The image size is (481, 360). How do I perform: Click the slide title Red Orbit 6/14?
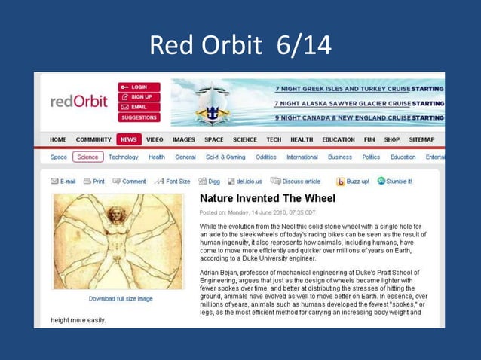240,45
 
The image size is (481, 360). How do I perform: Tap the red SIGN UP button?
139,97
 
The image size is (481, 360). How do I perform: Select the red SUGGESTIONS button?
139,117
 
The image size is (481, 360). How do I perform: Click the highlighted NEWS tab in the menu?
128,139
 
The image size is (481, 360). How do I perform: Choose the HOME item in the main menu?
58,139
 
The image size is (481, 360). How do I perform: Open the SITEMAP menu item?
421,139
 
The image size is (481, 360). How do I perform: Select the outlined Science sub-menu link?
87,157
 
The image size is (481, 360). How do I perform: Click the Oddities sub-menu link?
265,157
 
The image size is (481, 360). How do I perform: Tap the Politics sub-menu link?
371,157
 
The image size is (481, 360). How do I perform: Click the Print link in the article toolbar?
94,182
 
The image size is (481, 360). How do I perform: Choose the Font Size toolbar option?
173,182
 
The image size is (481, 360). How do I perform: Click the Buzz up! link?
353,182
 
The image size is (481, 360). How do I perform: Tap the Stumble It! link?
395,182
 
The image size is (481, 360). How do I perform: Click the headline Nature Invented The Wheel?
268,199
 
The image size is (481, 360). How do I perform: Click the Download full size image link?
121,299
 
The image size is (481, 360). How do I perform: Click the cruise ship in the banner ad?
213,104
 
